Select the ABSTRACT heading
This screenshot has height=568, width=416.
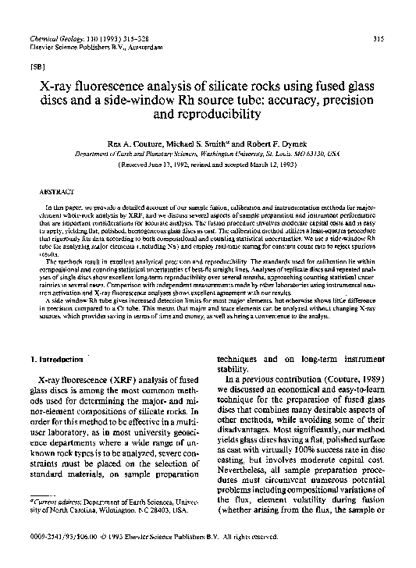[x=54, y=190]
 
